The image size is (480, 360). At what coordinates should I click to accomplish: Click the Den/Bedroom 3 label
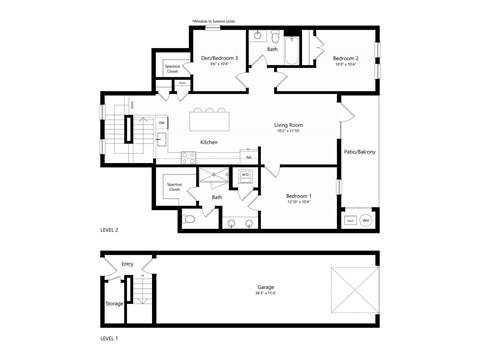(x=219, y=59)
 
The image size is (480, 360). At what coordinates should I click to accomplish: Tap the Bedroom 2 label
(x=345, y=59)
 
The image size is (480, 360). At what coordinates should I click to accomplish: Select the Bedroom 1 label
(x=298, y=195)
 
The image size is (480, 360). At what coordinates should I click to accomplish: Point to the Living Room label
(x=288, y=125)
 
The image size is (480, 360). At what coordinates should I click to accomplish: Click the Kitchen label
(x=209, y=142)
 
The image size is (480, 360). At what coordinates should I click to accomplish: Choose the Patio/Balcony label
(x=359, y=152)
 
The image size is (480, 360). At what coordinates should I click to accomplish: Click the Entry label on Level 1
(x=127, y=264)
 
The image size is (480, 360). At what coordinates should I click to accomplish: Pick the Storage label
(x=115, y=303)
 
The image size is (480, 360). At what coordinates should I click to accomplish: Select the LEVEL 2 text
(x=110, y=229)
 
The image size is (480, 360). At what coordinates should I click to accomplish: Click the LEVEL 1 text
(x=110, y=339)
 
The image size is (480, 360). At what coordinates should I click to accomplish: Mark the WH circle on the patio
(x=366, y=220)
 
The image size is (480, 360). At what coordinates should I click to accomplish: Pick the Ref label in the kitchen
(x=247, y=156)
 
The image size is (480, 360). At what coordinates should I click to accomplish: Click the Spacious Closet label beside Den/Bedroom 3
(x=173, y=70)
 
